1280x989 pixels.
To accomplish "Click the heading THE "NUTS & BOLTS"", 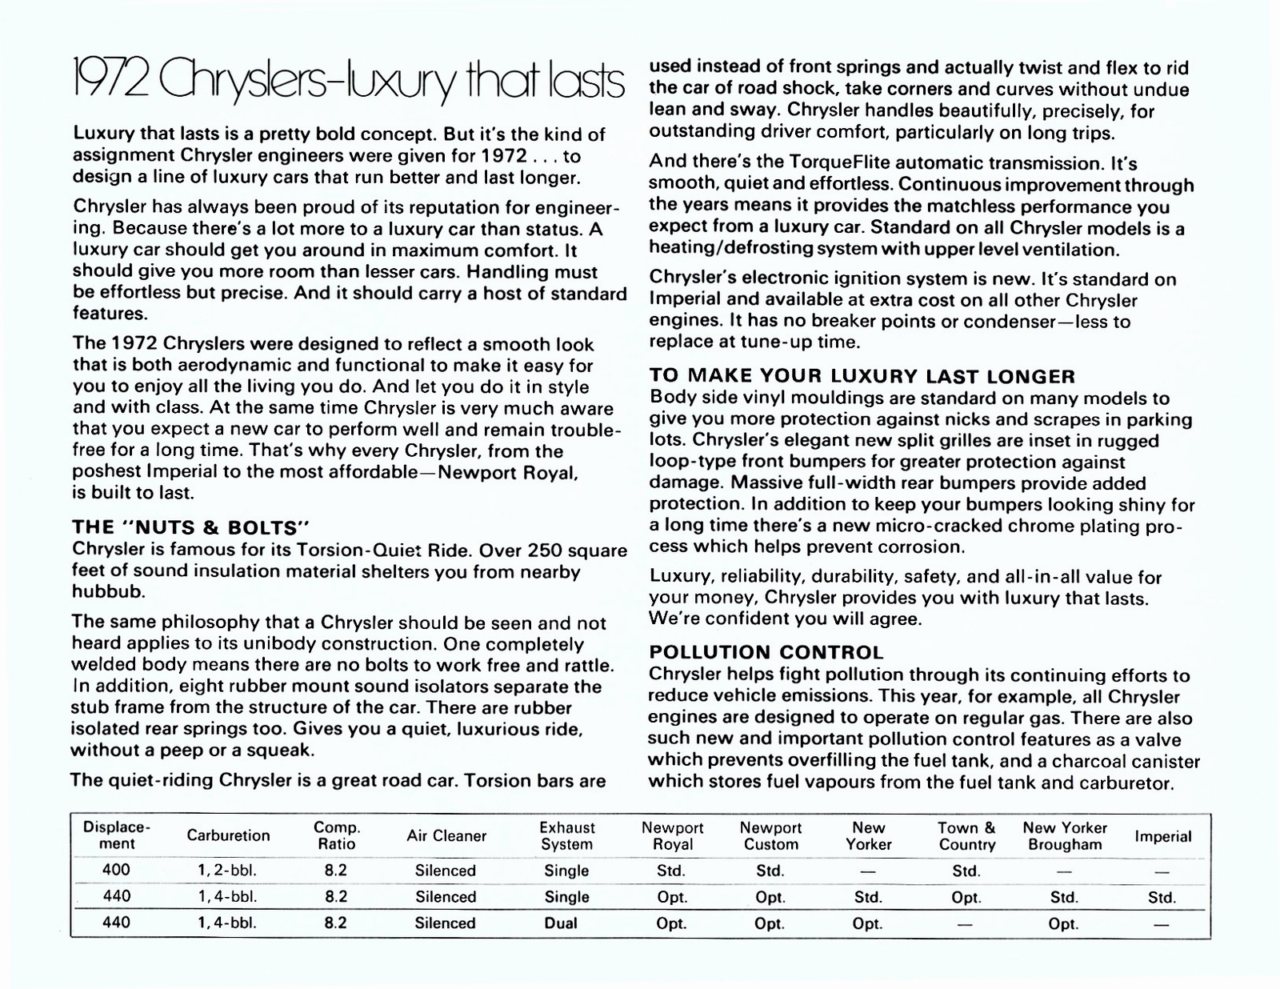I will coord(190,528).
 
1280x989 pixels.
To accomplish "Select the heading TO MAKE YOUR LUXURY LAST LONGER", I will coord(862,376).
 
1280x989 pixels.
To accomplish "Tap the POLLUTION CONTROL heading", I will coord(766,653).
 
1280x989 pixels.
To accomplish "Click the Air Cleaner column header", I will coord(446,836).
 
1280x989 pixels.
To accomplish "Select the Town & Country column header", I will coord(966,836).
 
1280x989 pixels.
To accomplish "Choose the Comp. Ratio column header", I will coord(337,836).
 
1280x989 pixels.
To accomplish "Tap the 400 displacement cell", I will coord(117,871).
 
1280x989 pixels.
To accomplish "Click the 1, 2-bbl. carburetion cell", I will coord(228,871).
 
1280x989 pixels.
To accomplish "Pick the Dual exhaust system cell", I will coord(561,923).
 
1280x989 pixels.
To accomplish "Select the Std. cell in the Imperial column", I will coord(1162,897).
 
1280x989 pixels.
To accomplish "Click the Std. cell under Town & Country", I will coord(966,871).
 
